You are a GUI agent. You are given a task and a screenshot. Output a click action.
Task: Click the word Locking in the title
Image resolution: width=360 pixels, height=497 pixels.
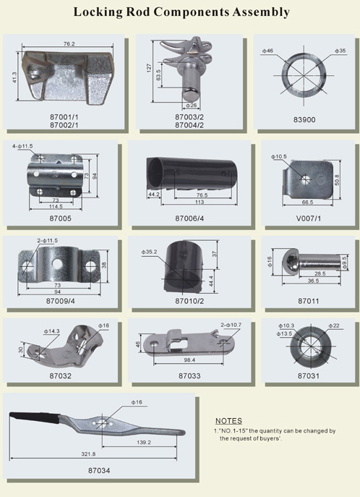(x=98, y=12)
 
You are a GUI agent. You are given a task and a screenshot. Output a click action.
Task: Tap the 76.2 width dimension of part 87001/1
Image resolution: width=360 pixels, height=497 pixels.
(x=69, y=43)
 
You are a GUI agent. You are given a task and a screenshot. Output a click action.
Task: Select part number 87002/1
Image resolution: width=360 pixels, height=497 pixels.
(x=64, y=125)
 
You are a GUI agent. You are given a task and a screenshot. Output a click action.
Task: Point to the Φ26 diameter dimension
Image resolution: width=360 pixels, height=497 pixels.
(x=192, y=105)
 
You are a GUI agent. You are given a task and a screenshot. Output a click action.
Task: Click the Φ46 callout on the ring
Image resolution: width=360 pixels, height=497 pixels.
(x=267, y=51)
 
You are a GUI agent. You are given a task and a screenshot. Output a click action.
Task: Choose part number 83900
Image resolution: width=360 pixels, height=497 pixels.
(x=304, y=120)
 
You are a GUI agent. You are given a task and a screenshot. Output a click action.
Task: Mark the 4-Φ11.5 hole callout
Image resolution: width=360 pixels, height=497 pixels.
(x=22, y=146)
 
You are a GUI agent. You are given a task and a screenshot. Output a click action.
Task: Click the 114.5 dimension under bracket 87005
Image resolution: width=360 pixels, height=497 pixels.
(x=56, y=206)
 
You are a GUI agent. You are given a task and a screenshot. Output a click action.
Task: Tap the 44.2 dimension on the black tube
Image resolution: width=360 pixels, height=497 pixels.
(x=154, y=195)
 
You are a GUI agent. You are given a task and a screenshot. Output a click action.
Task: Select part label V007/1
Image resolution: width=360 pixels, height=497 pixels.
(x=309, y=218)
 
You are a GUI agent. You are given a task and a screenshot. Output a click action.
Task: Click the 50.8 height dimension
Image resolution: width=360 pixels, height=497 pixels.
(x=337, y=179)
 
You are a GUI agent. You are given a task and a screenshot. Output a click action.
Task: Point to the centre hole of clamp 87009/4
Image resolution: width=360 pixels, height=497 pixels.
(x=57, y=263)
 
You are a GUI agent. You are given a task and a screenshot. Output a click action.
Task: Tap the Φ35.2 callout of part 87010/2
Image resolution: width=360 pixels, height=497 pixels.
(x=149, y=252)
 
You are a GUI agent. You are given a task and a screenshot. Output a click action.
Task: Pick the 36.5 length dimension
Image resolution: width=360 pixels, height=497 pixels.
(x=313, y=281)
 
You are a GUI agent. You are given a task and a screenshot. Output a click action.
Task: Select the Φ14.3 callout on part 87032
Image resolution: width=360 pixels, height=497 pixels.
(x=51, y=331)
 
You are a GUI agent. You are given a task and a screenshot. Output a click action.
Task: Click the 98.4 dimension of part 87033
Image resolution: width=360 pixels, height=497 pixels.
(x=189, y=360)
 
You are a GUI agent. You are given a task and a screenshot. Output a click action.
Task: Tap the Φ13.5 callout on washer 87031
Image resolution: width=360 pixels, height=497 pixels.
(x=284, y=334)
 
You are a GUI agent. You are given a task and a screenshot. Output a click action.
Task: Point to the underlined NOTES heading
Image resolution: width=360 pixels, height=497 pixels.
(x=228, y=421)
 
